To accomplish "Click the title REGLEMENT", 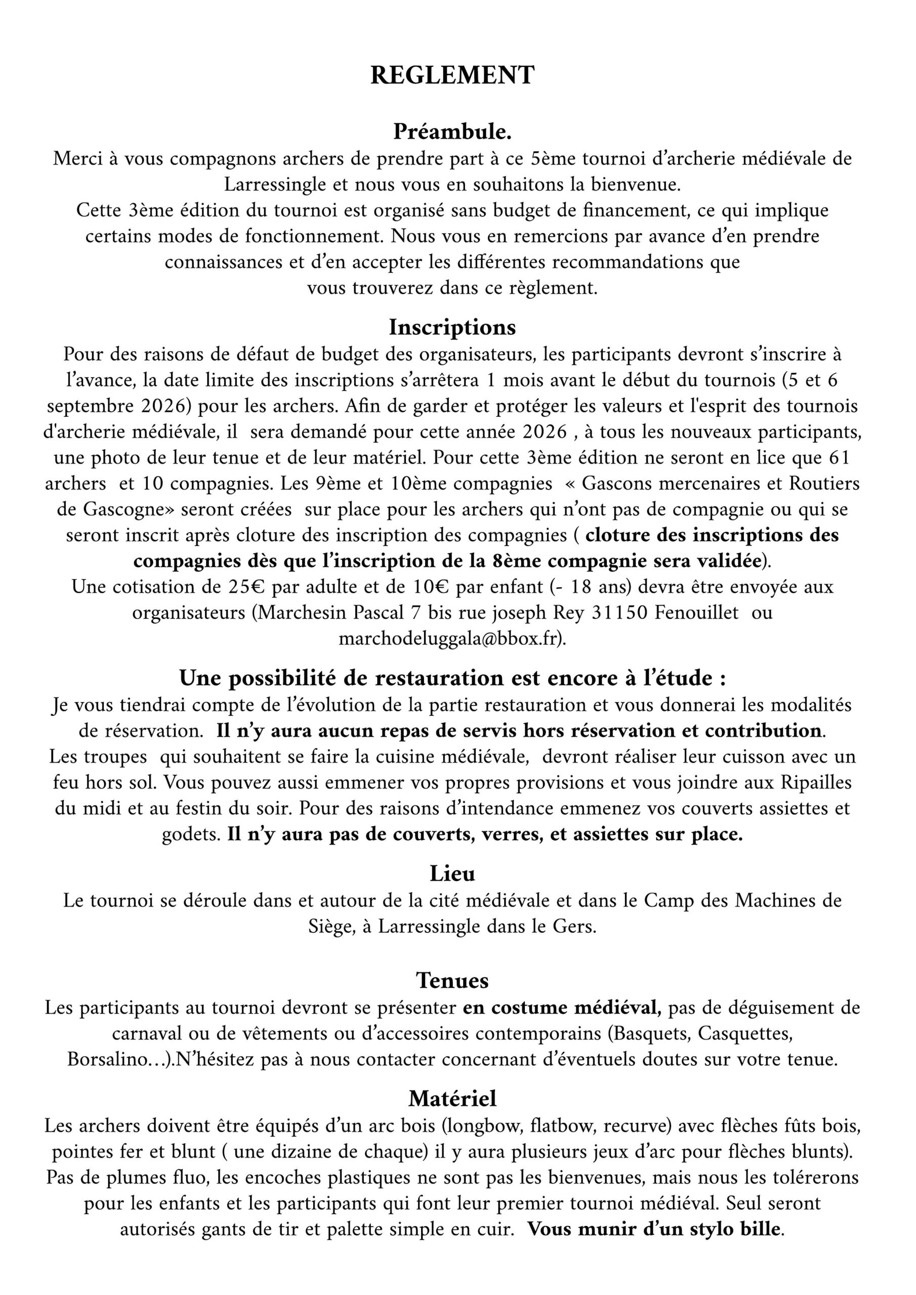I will (x=452, y=75).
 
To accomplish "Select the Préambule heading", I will (x=452, y=132).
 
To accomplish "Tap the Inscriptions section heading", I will (x=452, y=327).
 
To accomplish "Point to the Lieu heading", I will (x=452, y=873).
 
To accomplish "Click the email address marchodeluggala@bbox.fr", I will (x=451, y=638).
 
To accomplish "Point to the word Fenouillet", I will (x=696, y=613).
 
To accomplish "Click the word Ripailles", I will (x=816, y=783).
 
